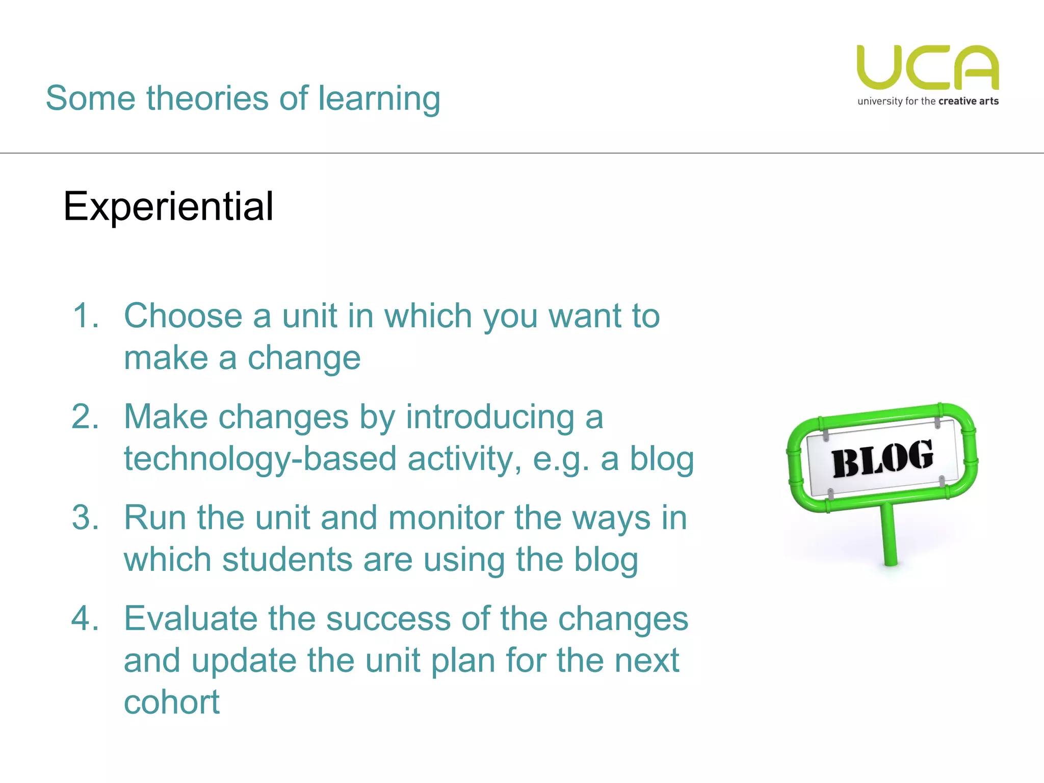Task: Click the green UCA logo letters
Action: point(928,68)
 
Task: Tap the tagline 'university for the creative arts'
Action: point(928,101)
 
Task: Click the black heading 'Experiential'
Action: point(168,207)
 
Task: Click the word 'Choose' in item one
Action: point(183,316)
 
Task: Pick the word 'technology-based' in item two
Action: point(260,459)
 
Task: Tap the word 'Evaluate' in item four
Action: point(190,618)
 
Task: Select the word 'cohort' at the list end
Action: point(172,702)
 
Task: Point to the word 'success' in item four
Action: point(388,618)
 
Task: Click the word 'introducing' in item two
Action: point(490,417)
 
